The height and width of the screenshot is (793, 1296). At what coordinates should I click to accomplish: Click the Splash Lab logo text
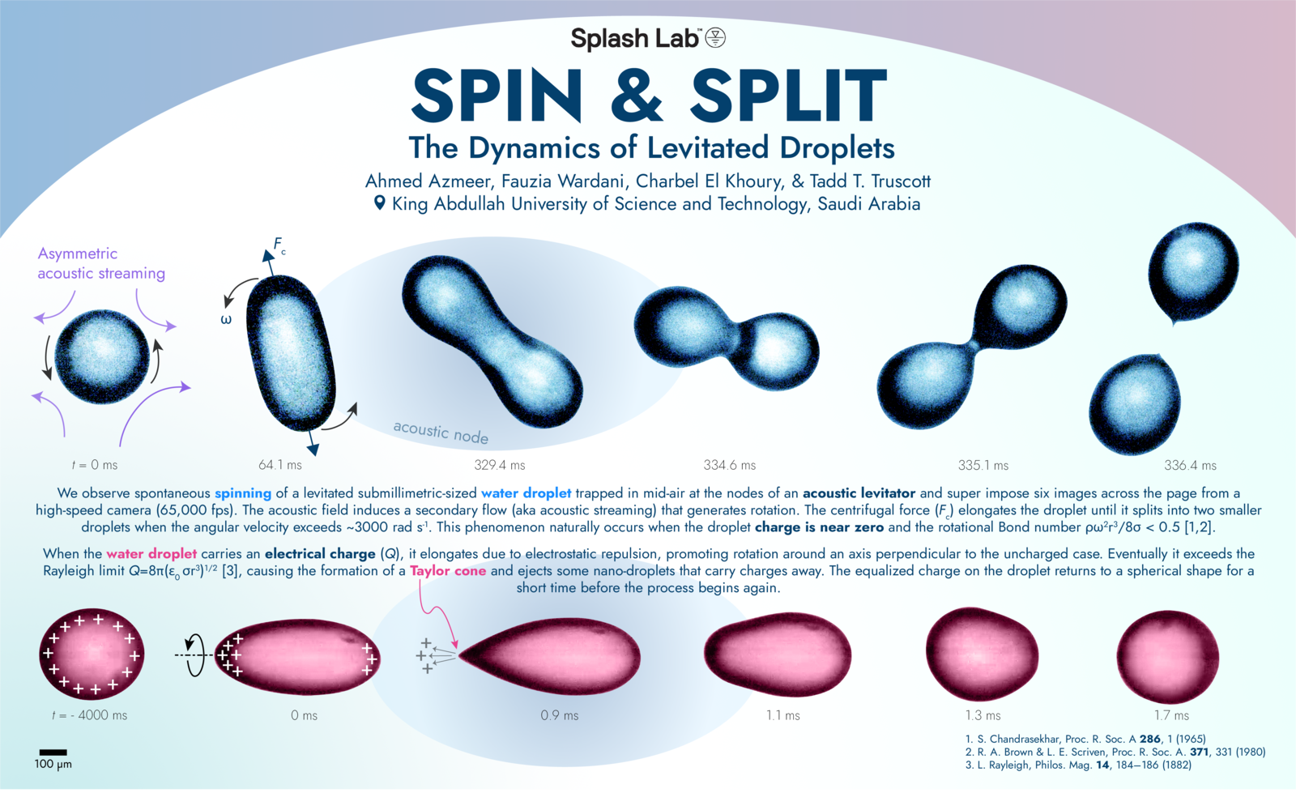pyautogui.click(x=635, y=39)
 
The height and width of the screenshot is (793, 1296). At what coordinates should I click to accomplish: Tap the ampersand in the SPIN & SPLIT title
pyautogui.click(x=637, y=96)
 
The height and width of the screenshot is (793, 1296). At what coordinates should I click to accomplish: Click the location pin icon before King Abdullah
pyautogui.click(x=379, y=203)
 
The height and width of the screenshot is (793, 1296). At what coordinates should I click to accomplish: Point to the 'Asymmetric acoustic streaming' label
pyautogui.click(x=100, y=263)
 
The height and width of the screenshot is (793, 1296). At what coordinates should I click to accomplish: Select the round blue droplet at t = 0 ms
pyautogui.click(x=102, y=356)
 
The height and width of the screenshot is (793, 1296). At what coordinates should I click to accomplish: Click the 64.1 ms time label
pyautogui.click(x=280, y=465)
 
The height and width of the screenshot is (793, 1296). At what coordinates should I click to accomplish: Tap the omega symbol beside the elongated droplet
pyautogui.click(x=226, y=320)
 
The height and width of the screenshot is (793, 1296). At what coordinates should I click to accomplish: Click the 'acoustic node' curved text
pyautogui.click(x=441, y=433)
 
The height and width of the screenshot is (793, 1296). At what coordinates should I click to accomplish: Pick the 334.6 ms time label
pyautogui.click(x=729, y=465)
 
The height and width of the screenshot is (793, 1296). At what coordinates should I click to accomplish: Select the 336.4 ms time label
pyautogui.click(x=1190, y=465)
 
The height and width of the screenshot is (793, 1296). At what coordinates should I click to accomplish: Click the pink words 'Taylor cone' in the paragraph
pyautogui.click(x=448, y=570)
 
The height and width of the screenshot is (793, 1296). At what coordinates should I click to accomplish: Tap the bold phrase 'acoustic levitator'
pyautogui.click(x=859, y=492)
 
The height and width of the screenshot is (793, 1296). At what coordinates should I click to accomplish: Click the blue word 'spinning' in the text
pyautogui.click(x=243, y=492)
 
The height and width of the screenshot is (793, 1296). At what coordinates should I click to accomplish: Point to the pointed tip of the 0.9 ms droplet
pyautogui.click(x=461, y=653)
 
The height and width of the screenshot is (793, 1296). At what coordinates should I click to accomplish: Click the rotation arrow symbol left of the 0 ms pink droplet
pyautogui.click(x=194, y=654)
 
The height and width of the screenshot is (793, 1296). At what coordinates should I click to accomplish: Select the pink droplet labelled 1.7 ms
pyautogui.click(x=1167, y=656)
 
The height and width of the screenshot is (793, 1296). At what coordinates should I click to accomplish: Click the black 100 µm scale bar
pyautogui.click(x=53, y=752)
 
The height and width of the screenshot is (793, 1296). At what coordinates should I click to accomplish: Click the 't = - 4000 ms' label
pyautogui.click(x=89, y=715)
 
